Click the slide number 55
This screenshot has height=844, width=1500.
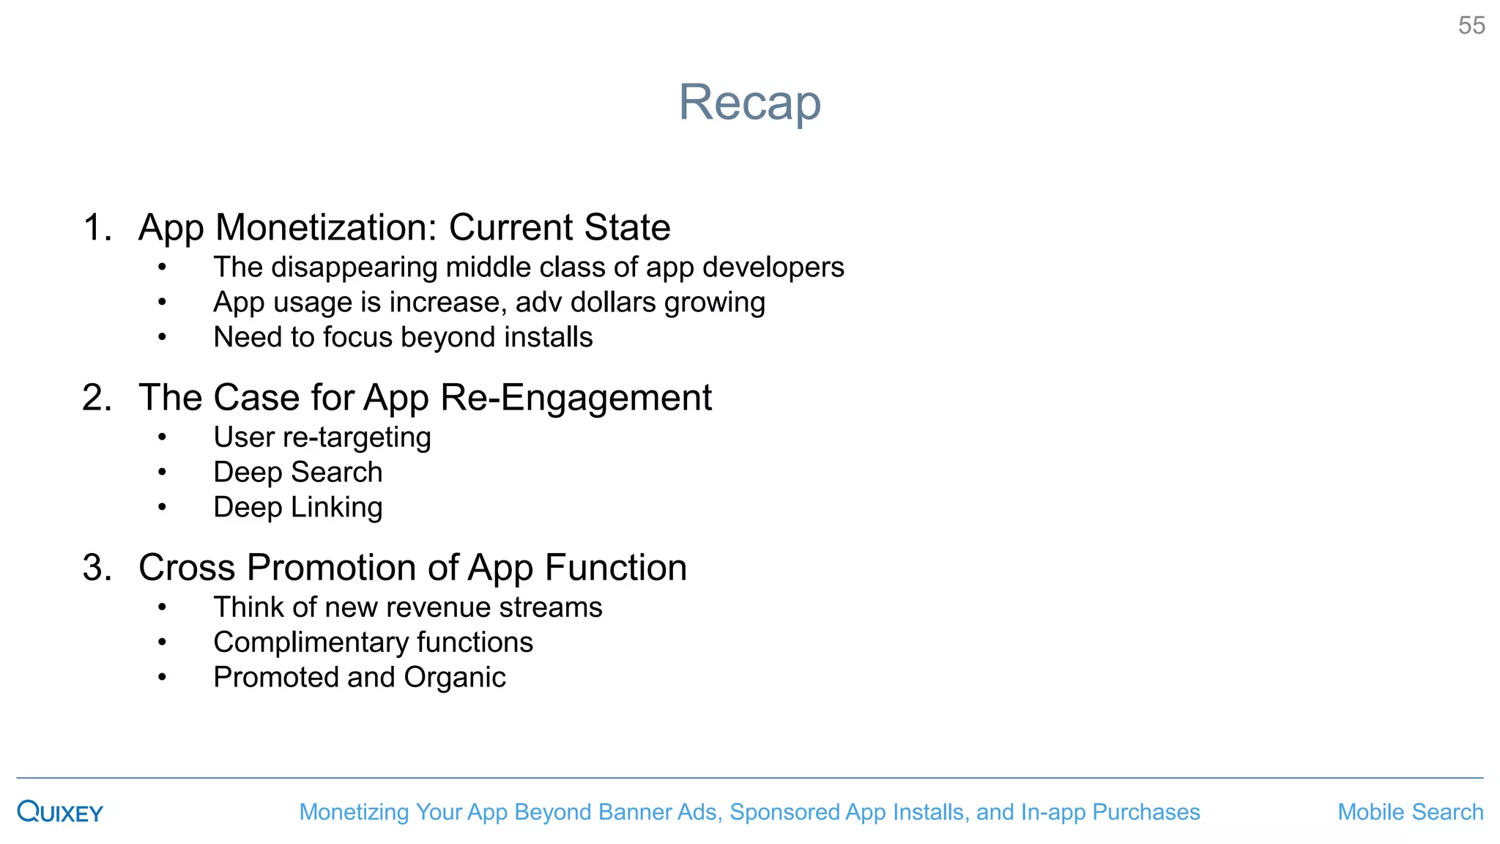tap(1471, 26)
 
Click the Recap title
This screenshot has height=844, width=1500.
tap(749, 102)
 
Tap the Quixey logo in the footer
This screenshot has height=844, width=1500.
tap(60, 812)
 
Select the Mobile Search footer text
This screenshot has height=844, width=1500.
tap(1410, 812)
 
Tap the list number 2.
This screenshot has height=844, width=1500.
tap(97, 398)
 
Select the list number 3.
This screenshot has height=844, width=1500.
tap(97, 568)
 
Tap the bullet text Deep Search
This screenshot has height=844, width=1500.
tap(297, 473)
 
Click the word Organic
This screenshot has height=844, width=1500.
tap(454, 678)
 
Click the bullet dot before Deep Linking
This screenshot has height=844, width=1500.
tap(162, 508)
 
